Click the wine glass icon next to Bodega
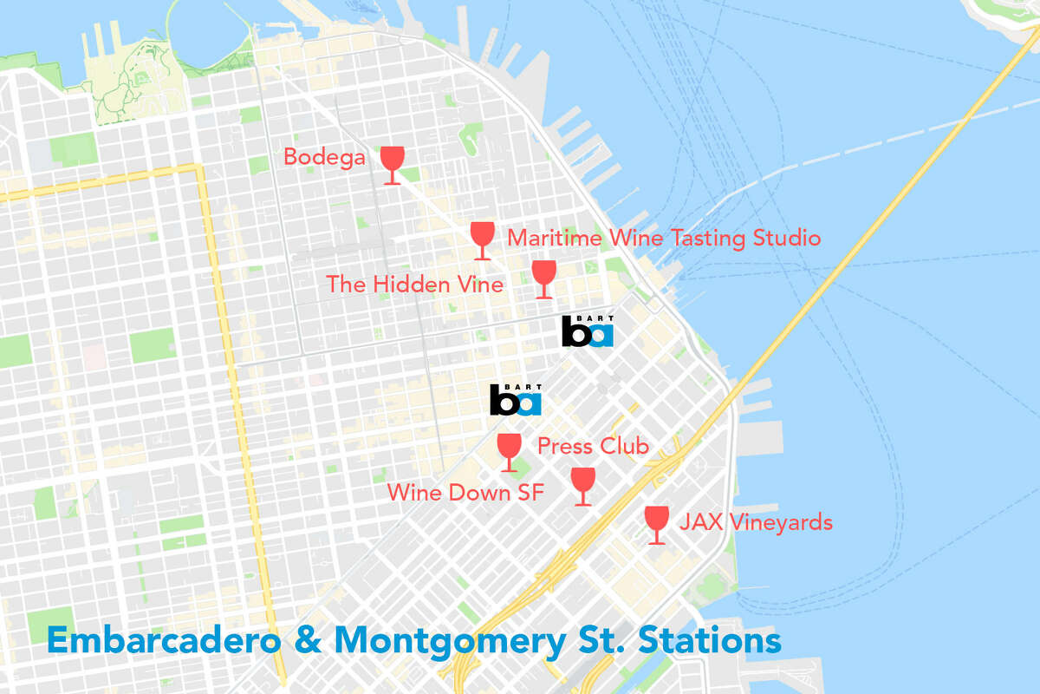tap(393, 163)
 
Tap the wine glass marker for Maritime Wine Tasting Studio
tap(482, 239)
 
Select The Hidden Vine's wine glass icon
tap(543, 278)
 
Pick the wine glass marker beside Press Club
tap(509, 452)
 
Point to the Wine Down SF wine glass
tap(583, 485)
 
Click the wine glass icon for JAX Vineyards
tap(657, 524)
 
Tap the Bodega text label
tap(324, 158)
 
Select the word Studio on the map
tap(784, 238)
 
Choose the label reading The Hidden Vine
tap(414, 284)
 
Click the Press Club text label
tap(593, 447)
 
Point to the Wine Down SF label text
tap(465, 493)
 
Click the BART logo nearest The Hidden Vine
tap(588, 331)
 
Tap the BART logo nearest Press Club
tap(516, 399)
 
